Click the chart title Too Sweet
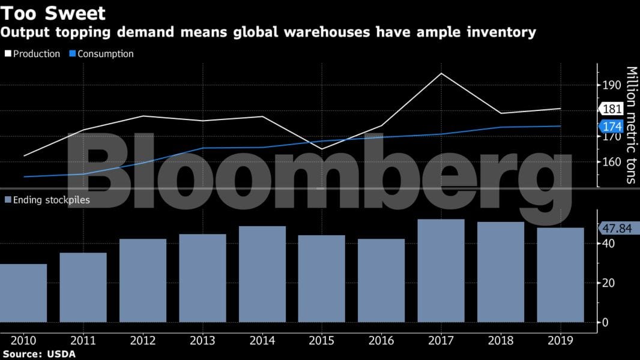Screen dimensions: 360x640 [x=53, y=13]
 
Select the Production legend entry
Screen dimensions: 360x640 [x=32, y=54]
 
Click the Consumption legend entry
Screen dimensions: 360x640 [x=101, y=54]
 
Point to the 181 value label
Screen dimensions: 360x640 [x=612, y=109]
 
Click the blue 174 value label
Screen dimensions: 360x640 [x=612, y=127]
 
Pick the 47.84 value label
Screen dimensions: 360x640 [x=618, y=228]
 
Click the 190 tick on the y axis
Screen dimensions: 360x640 [x=612, y=85]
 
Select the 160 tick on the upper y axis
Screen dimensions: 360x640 [x=612, y=162]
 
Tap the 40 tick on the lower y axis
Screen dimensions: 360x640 [x=608, y=244]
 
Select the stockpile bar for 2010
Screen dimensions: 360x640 [x=23, y=293]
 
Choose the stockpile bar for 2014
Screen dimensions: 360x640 [x=262, y=274]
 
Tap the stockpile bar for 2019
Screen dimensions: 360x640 [x=560, y=274]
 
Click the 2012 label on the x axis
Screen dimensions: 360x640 [x=143, y=341]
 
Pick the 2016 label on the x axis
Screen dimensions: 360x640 [x=381, y=341]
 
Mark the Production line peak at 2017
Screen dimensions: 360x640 [x=441, y=74]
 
